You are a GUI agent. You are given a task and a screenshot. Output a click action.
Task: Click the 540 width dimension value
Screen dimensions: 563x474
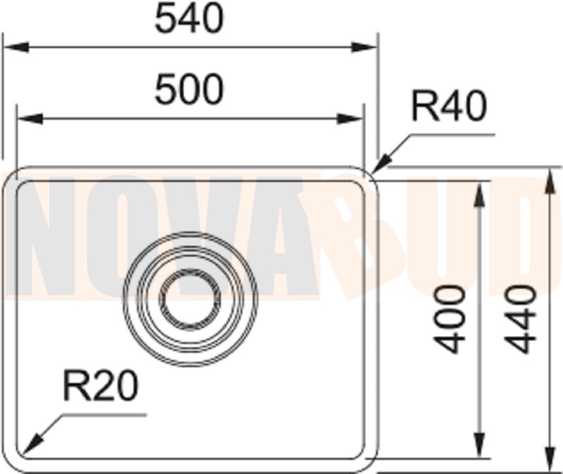tap(189, 18)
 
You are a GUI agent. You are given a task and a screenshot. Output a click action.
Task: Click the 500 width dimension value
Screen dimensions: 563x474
tap(189, 89)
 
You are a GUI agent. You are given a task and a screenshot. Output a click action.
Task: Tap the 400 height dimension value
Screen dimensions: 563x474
tap(450, 319)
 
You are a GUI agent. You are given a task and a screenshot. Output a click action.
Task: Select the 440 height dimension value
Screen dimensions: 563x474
tap(522, 319)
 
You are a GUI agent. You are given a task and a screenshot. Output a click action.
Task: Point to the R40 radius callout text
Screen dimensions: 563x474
tap(449, 106)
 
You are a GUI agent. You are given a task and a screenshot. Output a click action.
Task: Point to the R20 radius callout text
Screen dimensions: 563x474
tap(101, 385)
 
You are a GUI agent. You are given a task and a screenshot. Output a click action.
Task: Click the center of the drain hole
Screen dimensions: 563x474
tap(190, 299)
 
